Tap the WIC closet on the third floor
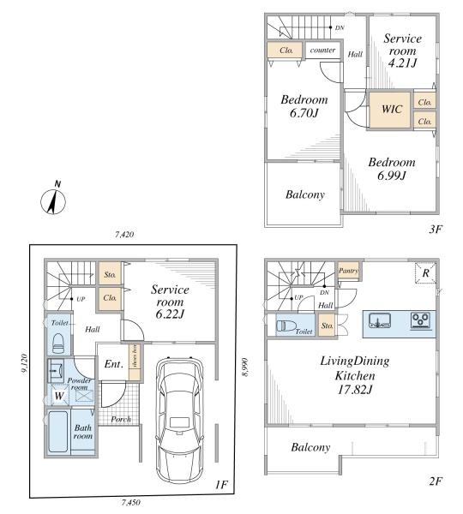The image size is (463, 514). pos(390,110)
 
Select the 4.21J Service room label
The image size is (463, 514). pos(403,51)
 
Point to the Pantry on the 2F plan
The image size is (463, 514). pos(348,271)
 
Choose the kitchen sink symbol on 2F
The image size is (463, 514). pos(380,320)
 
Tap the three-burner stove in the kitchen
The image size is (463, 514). pos(421,320)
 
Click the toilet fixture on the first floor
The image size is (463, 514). pos(58,343)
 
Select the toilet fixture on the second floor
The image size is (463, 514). pos(286,326)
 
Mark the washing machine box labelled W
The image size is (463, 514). pos(59,395)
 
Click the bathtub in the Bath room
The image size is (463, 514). pos(58,432)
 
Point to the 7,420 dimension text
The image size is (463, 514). pos(124,235)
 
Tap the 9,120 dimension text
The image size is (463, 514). pos(24,363)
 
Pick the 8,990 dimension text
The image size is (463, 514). pos(245,368)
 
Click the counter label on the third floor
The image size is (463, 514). pos(322,51)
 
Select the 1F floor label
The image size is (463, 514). pos(221,484)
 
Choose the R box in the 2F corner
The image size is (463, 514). pos(425,272)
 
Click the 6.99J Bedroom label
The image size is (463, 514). pos(392,169)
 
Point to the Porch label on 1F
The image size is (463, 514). pos(121,419)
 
